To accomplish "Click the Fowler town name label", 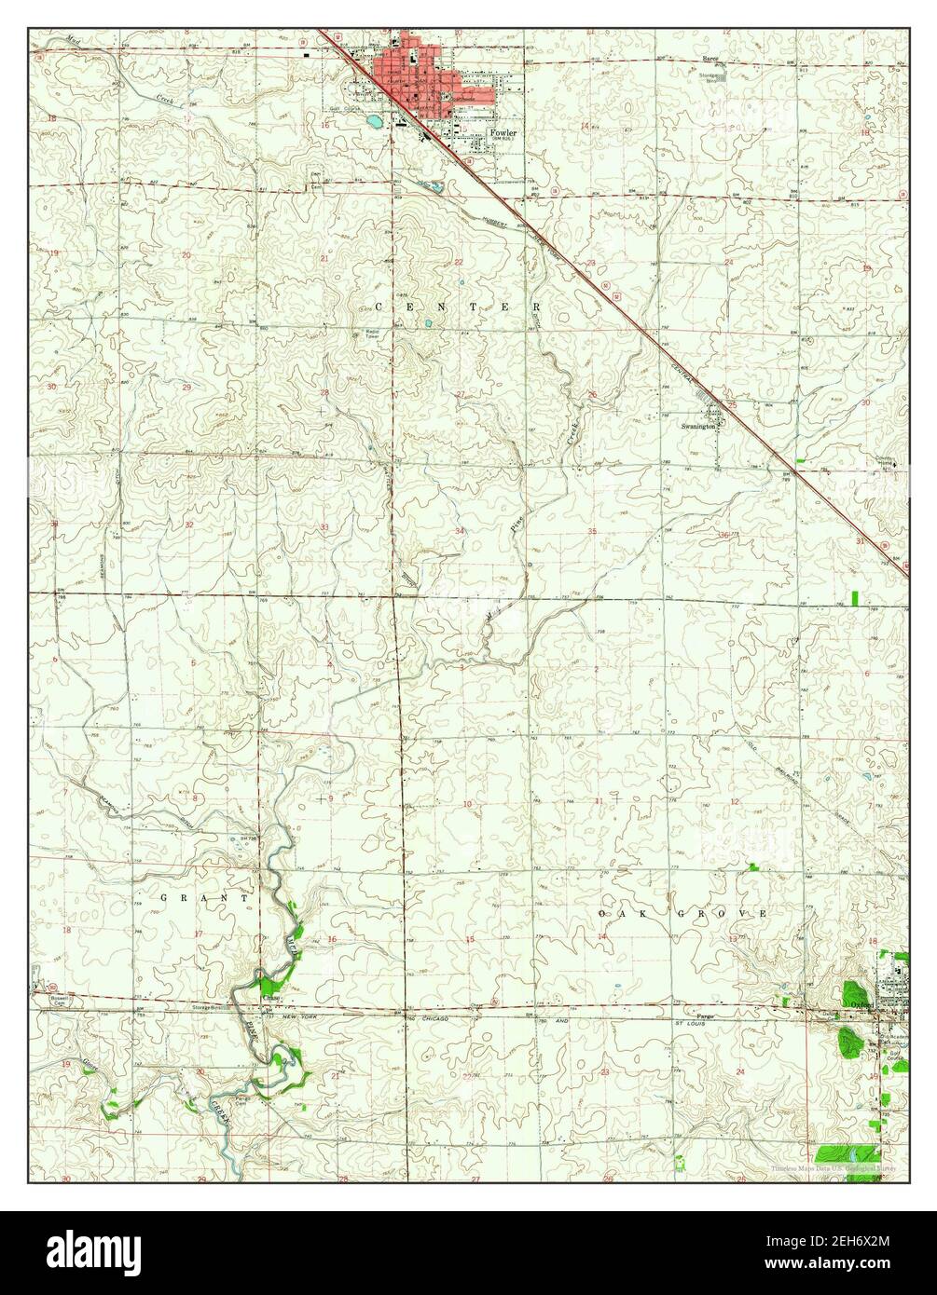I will click(x=503, y=132).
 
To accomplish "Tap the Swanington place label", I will click(x=700, y=426).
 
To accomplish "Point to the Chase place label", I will click(x=270, y=997).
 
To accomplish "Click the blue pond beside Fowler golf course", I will click(x=374, y=121).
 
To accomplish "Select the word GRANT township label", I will click(x=205, y=898).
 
